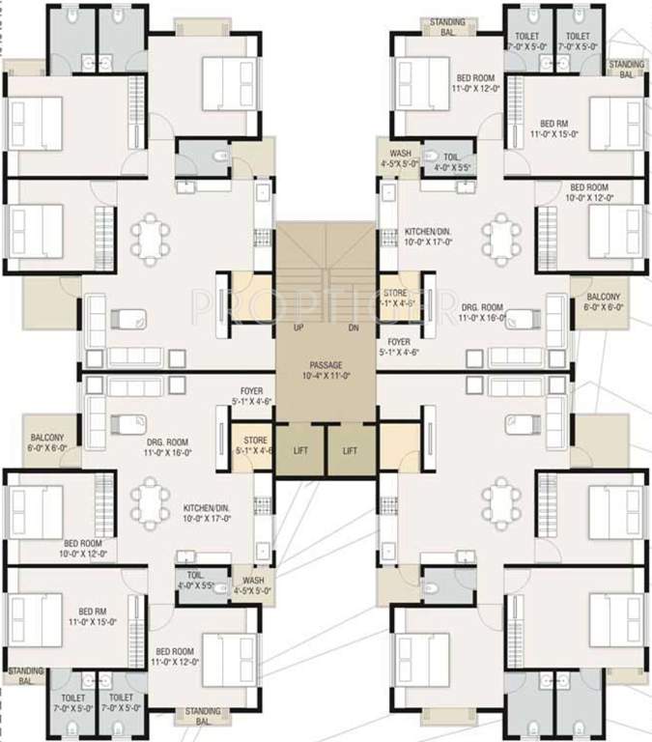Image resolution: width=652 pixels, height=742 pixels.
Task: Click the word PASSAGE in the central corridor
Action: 326,364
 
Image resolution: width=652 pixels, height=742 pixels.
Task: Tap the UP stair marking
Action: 288,328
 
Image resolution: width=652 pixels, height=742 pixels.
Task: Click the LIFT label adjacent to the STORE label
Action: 301,451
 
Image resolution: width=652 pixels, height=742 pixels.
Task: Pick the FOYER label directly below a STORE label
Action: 399,342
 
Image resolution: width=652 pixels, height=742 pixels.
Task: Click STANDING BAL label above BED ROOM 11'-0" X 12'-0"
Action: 447,26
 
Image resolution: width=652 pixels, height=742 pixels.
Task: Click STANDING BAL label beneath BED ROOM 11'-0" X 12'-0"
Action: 203,716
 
